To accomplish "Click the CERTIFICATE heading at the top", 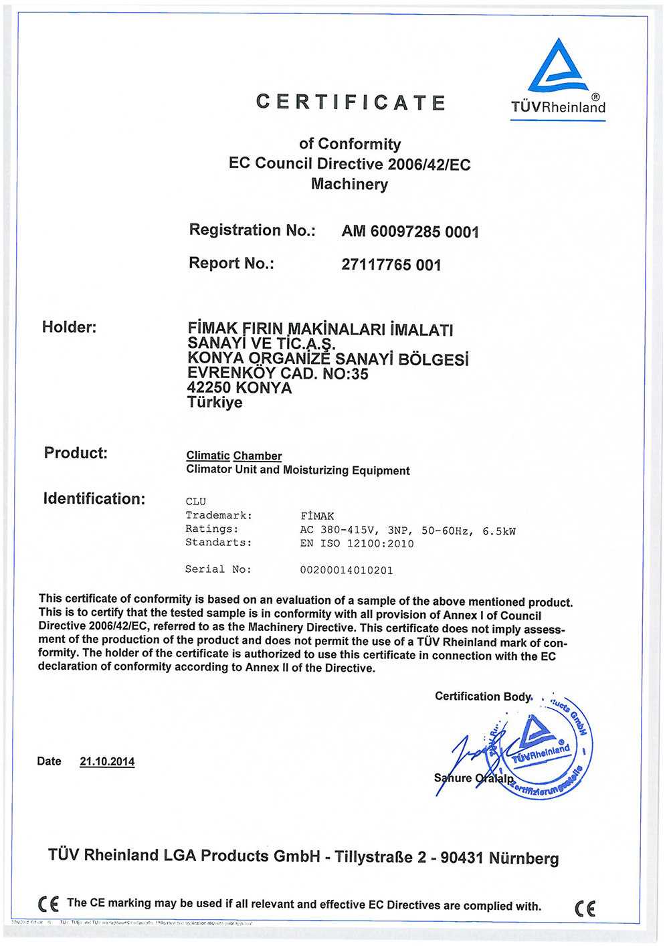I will point(351,102).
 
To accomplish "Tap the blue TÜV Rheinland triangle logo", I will point(558,67).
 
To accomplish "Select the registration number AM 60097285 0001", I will point(410,231).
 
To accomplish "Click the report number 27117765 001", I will point(391,265).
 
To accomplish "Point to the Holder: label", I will point(69,327).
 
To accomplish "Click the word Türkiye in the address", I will point(215,403).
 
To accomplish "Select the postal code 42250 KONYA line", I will point(240,388).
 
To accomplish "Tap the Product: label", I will point(76,453).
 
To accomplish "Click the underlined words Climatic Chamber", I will point(234,456).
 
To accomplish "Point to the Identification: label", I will point(94,498).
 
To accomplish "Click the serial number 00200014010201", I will point(347,570).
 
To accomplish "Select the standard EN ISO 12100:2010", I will point(357,543).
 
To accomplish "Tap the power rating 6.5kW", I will point(499,531).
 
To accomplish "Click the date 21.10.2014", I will point(107,761).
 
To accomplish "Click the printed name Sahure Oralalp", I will point(474,778).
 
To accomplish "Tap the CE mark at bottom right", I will point(585,908).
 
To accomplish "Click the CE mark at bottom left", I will point(48,904).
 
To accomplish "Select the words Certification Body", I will point(482,696).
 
